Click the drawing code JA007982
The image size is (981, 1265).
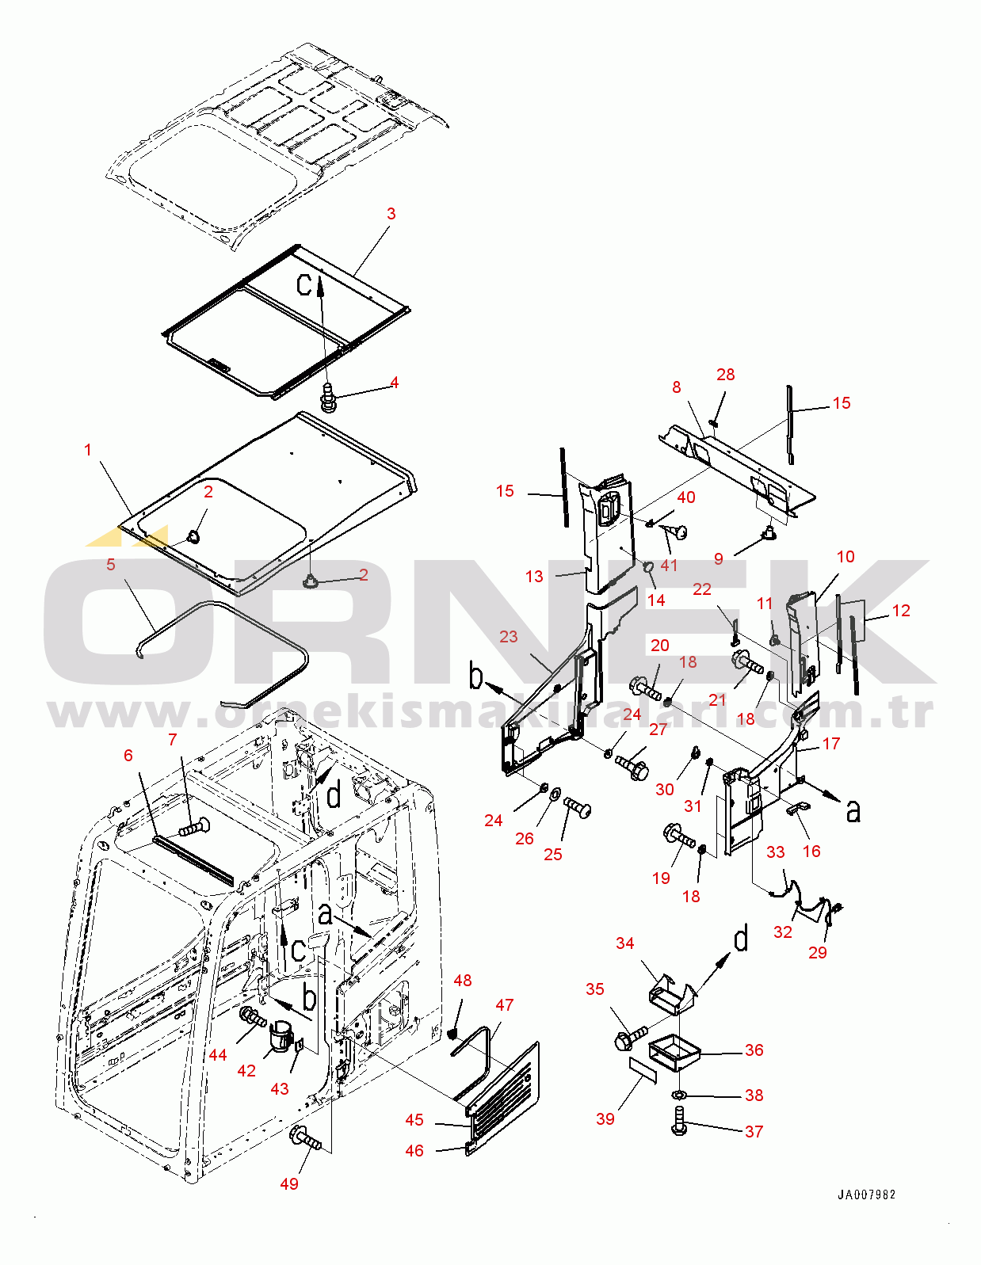(x=866, y=1195)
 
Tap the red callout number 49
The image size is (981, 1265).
(x=289, y=1183)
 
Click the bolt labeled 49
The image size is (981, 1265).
(x=306, y=1137)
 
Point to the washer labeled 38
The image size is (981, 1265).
(x=678, y=1095)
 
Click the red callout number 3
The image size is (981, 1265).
(x=391, y=214)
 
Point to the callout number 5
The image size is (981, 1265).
(x=111, y=564)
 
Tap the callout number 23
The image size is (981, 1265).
(x=508, y=636)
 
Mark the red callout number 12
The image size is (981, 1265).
(x=901, y=610)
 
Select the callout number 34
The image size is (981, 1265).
(x=624, y=943)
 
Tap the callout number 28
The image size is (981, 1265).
(x=725, y=375)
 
